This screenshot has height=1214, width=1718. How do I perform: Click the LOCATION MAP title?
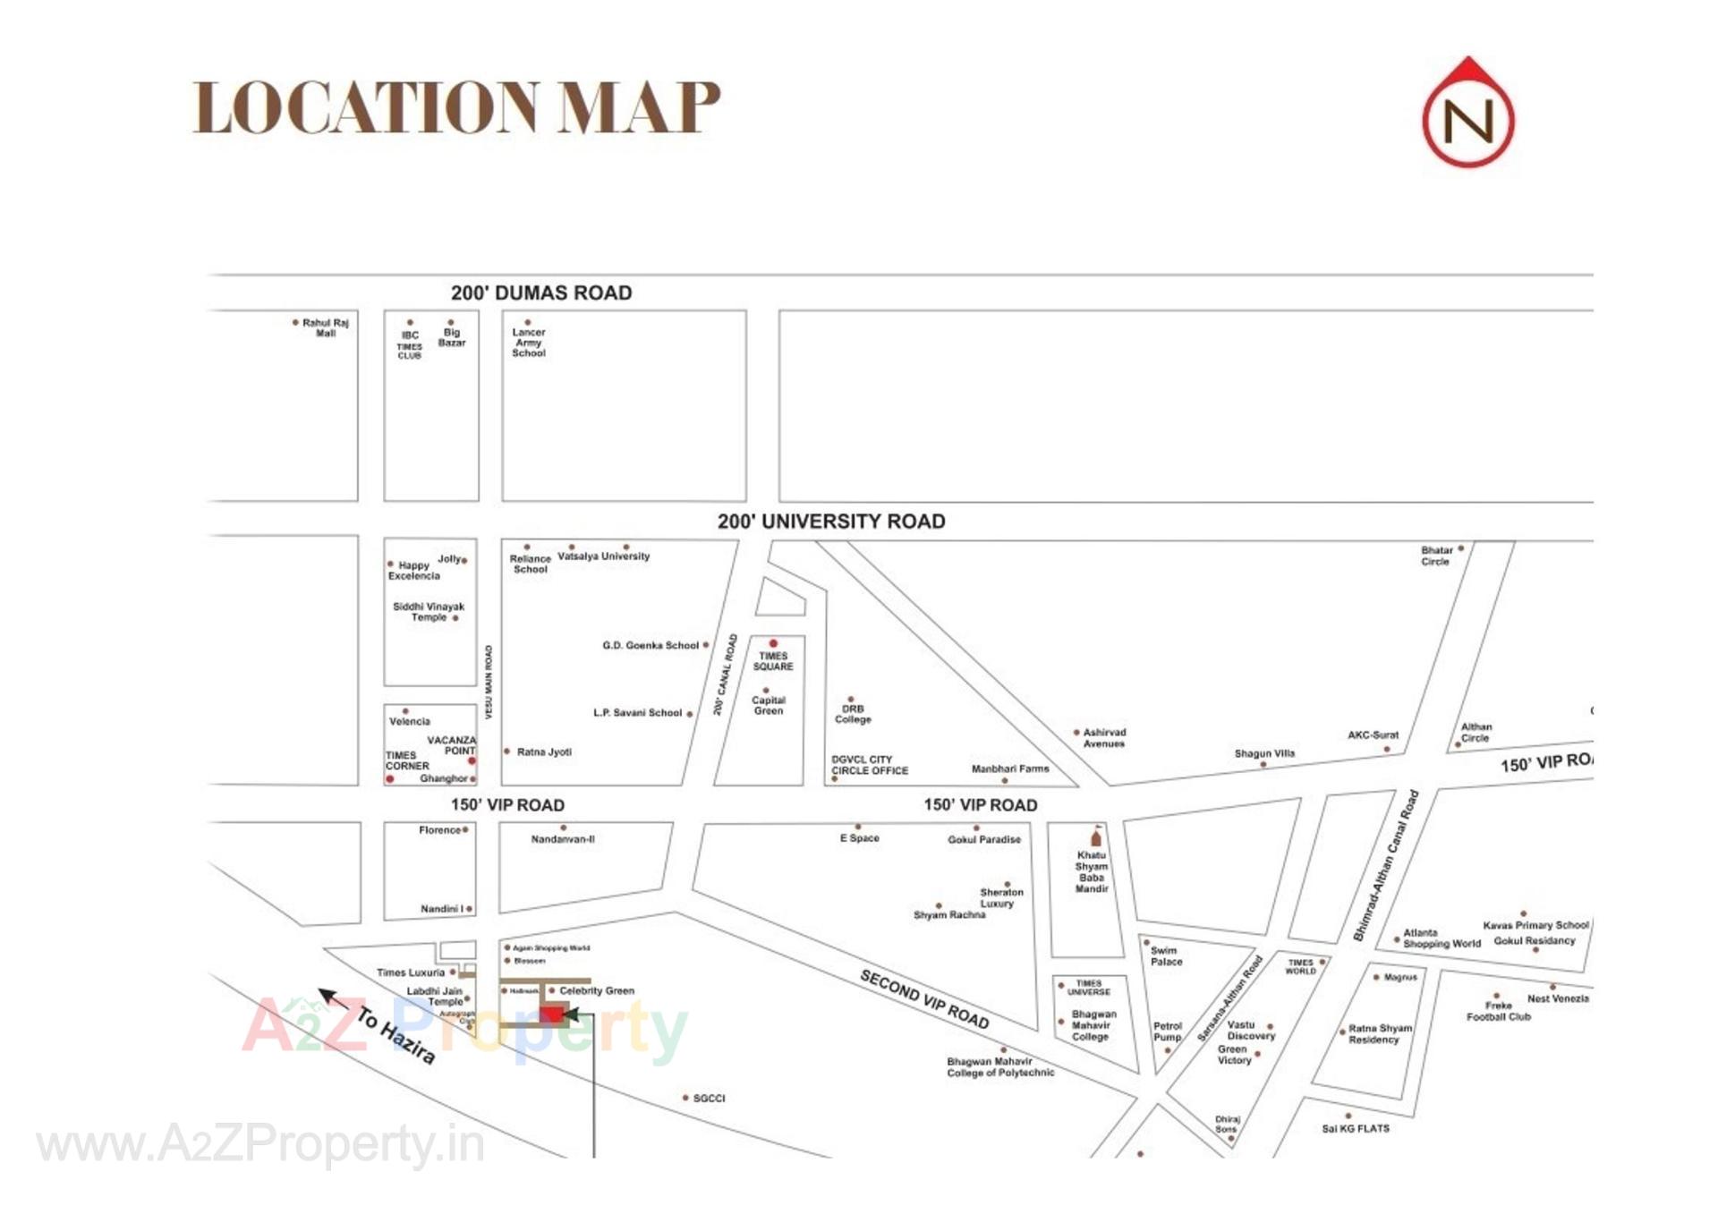(x=456, y=107)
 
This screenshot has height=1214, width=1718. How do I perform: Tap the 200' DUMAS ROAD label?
(x=540, y=293)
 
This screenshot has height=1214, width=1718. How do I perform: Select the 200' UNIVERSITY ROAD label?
(x=830, y=522)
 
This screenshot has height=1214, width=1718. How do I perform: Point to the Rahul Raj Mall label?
(x=324, y=327)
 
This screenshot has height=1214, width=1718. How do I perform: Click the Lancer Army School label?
(x=528, y=343)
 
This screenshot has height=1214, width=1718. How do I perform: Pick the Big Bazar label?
(x=451, y=337)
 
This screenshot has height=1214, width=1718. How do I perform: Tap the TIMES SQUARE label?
(x=772, y=661)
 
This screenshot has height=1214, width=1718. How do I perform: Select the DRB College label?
(x=852, y=714)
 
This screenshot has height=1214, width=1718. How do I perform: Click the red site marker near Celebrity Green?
(x=552, y=1014)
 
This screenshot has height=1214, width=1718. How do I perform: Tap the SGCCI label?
(x=709, y=1098)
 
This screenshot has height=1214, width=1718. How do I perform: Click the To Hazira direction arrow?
(x=334, y=998)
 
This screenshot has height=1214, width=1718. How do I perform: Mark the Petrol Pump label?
(x=1167, y=1031)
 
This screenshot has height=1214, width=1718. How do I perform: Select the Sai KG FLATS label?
(x=1355, y=1129)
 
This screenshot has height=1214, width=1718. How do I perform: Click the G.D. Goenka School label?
(x=650, y=645)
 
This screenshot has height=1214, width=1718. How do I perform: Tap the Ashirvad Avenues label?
(x=1103, y=738)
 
